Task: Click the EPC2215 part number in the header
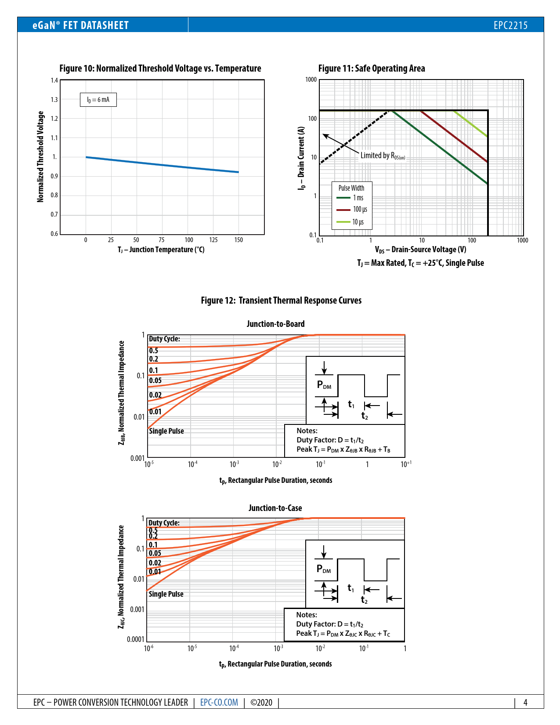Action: click(x=510, y=25)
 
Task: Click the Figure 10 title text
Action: click(x=160, y=68)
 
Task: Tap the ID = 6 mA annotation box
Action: click(x=98, y=100)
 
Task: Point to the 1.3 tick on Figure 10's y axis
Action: click(x=54, y=100)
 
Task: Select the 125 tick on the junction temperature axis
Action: click(x=213, y=240)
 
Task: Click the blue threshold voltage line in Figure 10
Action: click(x=163, y=165)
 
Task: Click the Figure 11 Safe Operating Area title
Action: click(x=372, y=68)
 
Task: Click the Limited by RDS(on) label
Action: click(x=383, y=156)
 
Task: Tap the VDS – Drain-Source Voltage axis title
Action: click(x=420, y=250)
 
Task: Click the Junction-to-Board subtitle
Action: click(x=275, y=324)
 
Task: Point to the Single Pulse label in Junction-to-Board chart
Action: click(x=166, y=431)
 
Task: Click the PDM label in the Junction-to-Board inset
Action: click(x=324, y=385)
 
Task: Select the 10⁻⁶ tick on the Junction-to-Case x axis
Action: click(x=149, y=648)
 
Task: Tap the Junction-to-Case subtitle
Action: click(x=275, y=508)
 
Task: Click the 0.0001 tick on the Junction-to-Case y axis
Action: click(x=135, y=639)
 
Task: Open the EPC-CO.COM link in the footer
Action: click(x=219, y=702)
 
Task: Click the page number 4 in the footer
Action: click(x=525, y=702)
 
